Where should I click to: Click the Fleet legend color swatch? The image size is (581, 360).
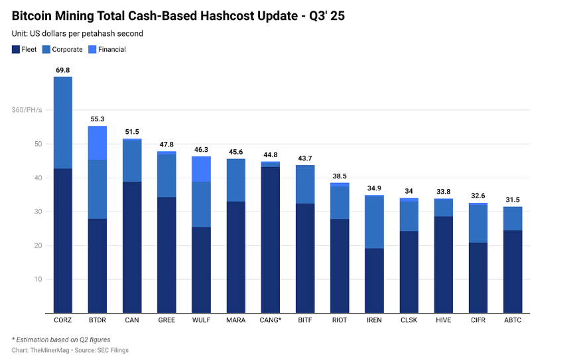[16, 50]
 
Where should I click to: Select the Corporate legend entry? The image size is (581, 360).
[67, 50]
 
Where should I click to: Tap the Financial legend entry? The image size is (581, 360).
[111, 50]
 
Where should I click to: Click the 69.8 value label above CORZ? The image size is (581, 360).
[63, 70]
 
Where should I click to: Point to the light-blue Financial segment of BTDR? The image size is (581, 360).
[97, 143]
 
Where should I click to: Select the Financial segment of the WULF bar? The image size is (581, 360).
[201, 169]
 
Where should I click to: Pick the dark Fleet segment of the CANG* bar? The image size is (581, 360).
[270, 239]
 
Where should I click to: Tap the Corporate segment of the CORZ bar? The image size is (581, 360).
[63, 123]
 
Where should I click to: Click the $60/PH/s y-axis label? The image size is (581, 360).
[27, 110]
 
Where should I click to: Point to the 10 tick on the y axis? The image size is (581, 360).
[38, 279]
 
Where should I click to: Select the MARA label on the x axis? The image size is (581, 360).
[235, 320]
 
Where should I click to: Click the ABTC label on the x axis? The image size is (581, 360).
[512, 320]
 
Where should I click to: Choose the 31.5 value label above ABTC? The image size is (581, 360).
[512, 200]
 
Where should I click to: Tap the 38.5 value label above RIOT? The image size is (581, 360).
[339, 176]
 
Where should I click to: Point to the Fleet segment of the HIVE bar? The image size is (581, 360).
[443, 265]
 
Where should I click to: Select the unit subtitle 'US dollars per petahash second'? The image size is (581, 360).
[86, 33]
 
